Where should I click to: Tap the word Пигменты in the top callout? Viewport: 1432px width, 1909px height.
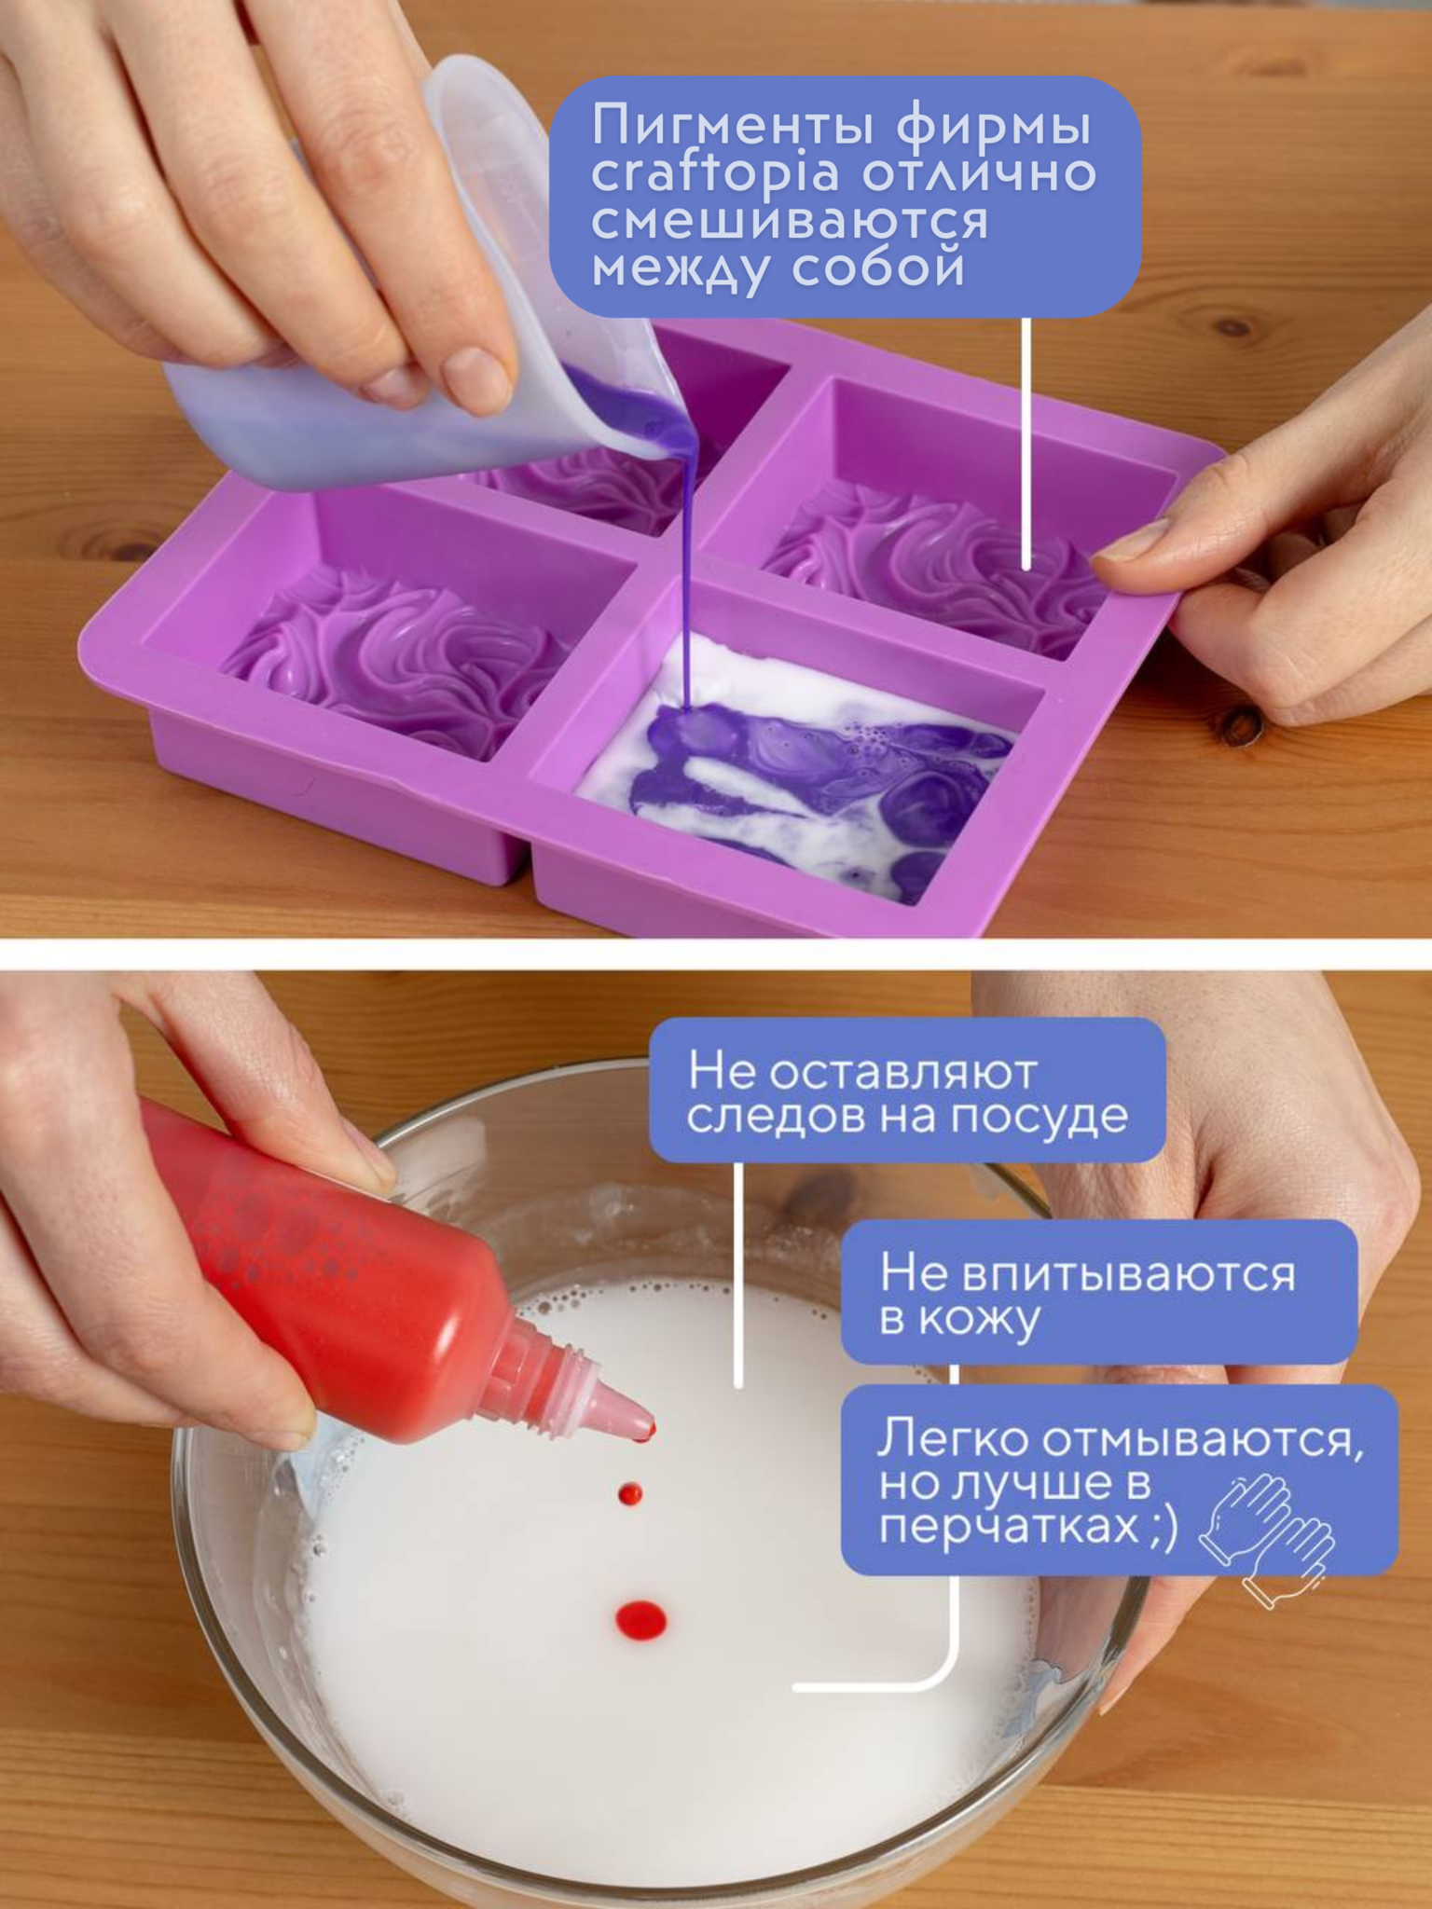737,125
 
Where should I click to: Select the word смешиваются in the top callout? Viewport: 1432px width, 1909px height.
789,222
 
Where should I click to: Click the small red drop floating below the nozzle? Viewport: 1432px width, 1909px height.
630,1494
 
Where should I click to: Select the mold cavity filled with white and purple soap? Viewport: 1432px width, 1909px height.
792,764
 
